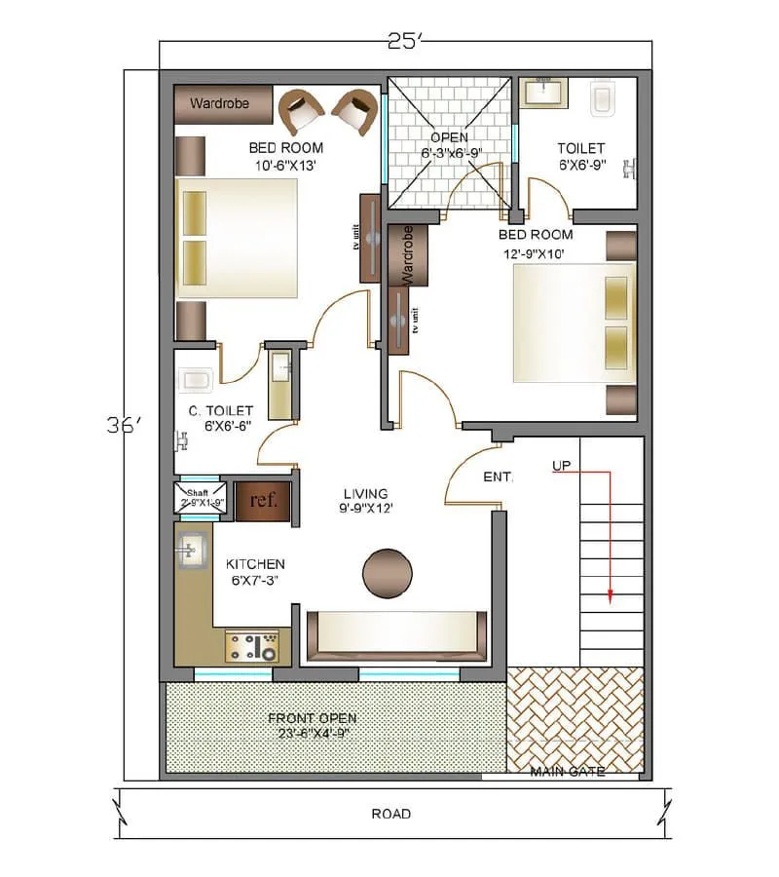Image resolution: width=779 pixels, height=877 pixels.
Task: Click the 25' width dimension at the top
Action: [x=404, y=41]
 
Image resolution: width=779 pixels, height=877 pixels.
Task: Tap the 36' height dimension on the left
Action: [x=125, y=426]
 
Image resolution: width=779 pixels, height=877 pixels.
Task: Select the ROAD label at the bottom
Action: [x=390, y=814]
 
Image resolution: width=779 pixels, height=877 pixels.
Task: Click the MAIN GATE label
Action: [x=567, y=772]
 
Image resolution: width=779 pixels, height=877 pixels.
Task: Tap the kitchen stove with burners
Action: [x=252, y=646]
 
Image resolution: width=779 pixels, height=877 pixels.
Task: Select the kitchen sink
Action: [x=191, y=552]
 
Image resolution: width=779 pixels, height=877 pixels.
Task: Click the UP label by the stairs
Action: [x=561, y=467]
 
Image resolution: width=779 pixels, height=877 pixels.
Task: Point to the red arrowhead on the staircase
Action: [x=610, y=598]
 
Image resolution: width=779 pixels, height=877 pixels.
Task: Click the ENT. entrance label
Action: [x=499, y=477]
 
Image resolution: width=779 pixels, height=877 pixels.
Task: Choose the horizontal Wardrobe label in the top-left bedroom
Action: [x=219, y=103]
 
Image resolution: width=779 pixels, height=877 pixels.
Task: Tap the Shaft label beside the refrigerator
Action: [x=198, y=493]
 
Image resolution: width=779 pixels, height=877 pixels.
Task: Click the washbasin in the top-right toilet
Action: [x=544, y=93]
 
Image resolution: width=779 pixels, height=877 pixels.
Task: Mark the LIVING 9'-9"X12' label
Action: [x=364, y=501]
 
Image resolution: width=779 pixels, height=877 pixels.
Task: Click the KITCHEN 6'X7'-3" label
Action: [x=255, y=572]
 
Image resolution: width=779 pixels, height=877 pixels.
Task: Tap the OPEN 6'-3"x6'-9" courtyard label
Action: [x=449, y=145]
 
